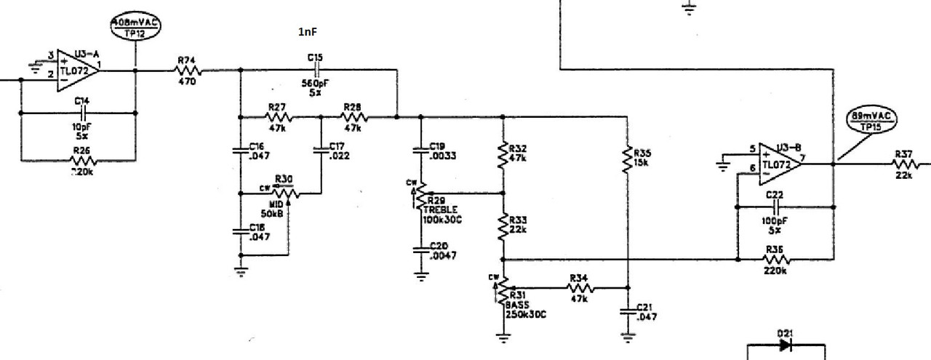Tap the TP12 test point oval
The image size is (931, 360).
[135, 28]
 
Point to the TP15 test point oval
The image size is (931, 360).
[872, 121]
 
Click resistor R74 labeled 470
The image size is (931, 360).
[187, 71]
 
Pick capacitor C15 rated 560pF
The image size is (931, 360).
[316, 70]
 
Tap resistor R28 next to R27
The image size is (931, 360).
[354, 116]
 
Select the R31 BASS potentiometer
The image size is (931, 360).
[502, 290]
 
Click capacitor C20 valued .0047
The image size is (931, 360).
[420, 249]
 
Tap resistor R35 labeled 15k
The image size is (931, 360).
[627, 159]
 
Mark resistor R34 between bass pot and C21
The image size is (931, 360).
[580, 289]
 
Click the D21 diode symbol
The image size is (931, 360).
[785, 345]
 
